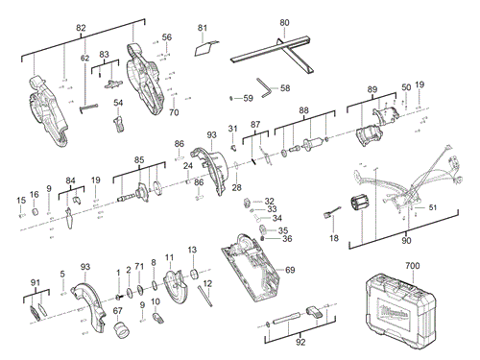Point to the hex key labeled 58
pyautogui.click(x=261, y=86)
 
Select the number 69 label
pyautogui.click(x=289, y=271)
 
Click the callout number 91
pyautogui.click(x=36, y=281)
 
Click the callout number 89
pyautogui.click(x=372, y=89)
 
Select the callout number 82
pyautogui.click(x=81, y=30)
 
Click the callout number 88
pyautogui.click(x=303, y=111)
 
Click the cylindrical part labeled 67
pyautogui.click(x=123, y=330)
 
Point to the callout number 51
pyautogui.click(x=432, y=206)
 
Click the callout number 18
pyautogui.click(x=334, y=237)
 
